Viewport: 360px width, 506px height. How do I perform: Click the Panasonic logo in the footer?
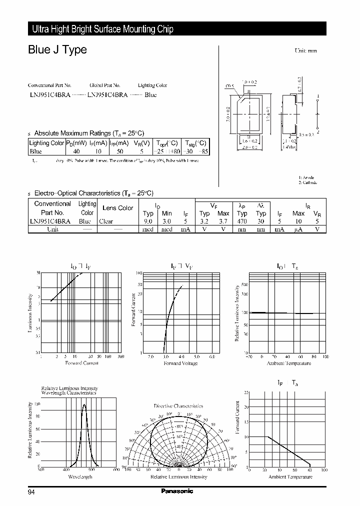176,491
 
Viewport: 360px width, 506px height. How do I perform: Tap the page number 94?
31,491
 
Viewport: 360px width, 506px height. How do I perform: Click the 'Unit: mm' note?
305,51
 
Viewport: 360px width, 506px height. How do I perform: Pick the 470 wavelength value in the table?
242,221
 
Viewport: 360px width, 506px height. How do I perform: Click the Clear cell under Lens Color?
106,221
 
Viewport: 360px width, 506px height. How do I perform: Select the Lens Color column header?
117,207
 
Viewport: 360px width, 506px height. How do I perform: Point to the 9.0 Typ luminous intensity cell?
148,221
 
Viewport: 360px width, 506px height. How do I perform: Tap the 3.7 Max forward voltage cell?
223,221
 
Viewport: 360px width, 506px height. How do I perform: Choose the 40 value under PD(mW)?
76,151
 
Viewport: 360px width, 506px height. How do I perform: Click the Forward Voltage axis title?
181,363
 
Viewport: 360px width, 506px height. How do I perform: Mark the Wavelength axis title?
80,476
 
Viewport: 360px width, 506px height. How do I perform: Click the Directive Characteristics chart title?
178,406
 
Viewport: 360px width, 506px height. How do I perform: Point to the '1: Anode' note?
306,178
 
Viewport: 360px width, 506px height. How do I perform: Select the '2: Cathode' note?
308,182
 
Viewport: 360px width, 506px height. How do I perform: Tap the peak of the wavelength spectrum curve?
83,404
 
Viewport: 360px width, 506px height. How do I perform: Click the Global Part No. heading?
105,85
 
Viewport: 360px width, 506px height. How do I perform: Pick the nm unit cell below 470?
242,229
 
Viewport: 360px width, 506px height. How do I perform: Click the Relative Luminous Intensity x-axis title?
178,476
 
